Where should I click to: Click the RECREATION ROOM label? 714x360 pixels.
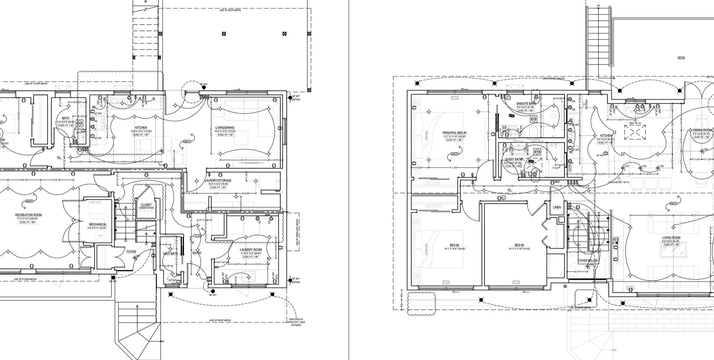[x=29, y=215]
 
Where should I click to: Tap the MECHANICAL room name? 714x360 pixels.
[x=98, y=224]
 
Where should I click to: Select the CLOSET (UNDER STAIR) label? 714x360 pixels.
[x=146, y=205]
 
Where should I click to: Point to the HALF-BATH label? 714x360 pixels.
[x=171, y=254]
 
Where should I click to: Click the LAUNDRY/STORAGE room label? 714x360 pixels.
[x=218, y=180]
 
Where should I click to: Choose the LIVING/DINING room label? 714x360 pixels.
[x=225, y=128]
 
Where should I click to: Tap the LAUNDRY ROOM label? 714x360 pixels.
[x=251, y=250]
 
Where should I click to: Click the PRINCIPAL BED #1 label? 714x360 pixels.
[x=455, y=133]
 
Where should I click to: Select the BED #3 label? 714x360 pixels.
[x=519, y=245]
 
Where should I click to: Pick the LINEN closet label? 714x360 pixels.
[x=557, y=207]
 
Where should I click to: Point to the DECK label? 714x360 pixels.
[x=681, y=58]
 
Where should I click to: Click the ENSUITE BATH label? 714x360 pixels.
[x=526, y=104]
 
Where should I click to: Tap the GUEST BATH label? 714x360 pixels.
[x=514, y=159]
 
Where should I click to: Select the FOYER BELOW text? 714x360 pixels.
[x=588, y=261]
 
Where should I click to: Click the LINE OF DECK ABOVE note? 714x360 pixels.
[x=230, y=10]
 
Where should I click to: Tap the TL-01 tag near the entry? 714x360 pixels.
[x=198, y=236]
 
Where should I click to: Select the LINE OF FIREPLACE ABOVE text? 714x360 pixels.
[x=297, y=233]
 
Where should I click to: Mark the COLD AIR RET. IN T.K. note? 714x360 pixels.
[x=619, y=182]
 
